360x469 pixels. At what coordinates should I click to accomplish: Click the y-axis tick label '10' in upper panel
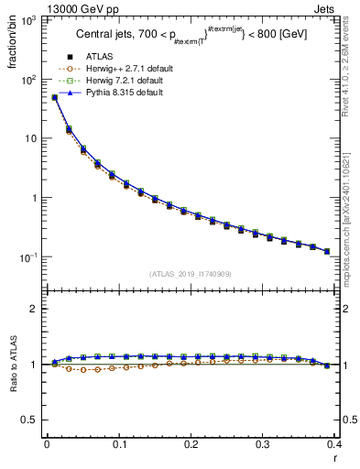coord(29,138)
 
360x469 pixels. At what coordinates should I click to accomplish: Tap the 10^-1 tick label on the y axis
coord(27,257)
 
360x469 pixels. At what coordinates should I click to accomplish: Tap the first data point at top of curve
coord(54,97)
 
